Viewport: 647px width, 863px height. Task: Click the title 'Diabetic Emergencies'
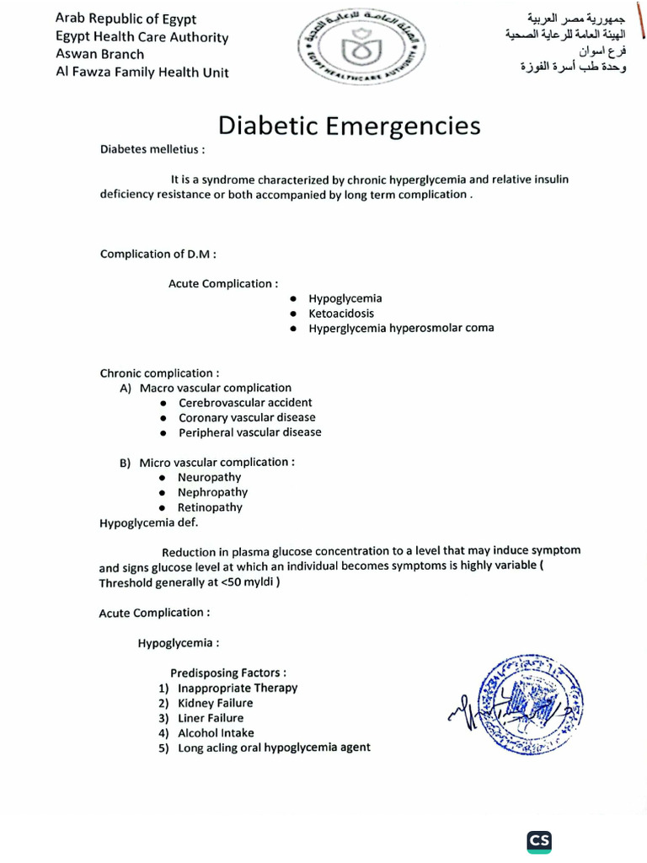[x=350, y=126]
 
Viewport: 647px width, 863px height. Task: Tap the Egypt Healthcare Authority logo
[x=363, y=51]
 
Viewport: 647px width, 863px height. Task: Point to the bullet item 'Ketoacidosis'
[x=340, y=314]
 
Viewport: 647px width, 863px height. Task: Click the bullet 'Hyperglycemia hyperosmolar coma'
[x=401, y=329]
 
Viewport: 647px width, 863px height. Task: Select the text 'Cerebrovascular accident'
[x=245, y=403]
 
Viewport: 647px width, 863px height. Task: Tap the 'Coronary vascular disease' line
[x=247, y=418]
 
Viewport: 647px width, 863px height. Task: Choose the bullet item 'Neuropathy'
[x=209, y=478]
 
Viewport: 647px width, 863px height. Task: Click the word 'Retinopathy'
[x=210, y=508]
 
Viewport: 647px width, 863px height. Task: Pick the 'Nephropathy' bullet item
[x=212, y=493]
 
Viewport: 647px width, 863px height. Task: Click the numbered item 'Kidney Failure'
[x=215, y=704]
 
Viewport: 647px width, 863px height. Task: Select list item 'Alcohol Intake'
[x=216, y=733]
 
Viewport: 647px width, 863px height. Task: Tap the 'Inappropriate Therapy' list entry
[x=238, y=689]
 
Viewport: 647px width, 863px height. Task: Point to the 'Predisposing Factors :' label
[x=227, y=673]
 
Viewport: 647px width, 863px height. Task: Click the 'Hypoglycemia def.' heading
[x=148, y=523]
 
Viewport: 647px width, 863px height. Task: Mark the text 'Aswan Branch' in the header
[x=99, y=55]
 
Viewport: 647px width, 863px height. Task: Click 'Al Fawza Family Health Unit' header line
[x=142, y=72]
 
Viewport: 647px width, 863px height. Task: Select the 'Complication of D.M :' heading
[x=158, y=255]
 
